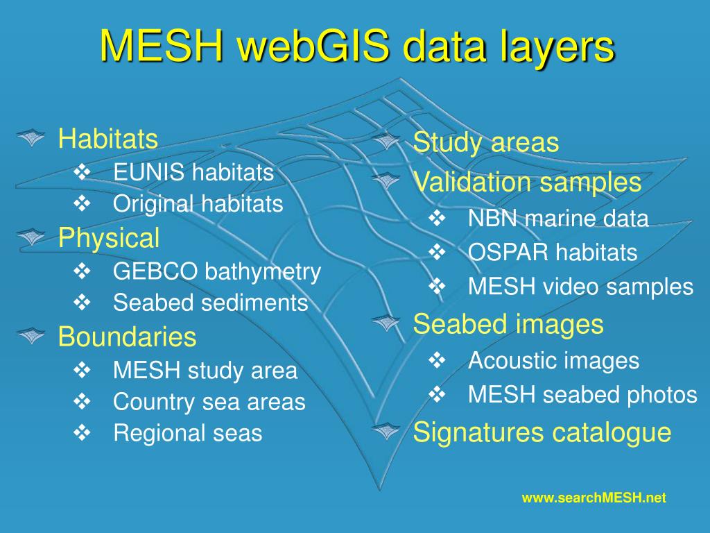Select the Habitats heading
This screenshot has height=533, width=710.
click(108, 138)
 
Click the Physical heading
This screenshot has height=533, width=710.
click(109, 238)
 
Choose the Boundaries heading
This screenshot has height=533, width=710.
click(128, 337)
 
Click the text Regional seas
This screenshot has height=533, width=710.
click(188, 433)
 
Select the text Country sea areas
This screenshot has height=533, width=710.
click(209, 402)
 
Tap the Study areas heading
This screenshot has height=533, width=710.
click(485, 143)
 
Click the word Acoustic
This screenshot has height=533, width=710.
click(512, 360)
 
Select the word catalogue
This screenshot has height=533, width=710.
click(612, 432)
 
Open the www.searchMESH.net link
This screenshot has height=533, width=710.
click(594, 498)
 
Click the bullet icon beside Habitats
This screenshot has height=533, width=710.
click(31, 138)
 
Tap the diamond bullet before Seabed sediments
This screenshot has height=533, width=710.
click(83, 302)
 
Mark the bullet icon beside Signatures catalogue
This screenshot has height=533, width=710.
click(386, 432)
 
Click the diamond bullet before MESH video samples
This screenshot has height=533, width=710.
click(437, 286)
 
